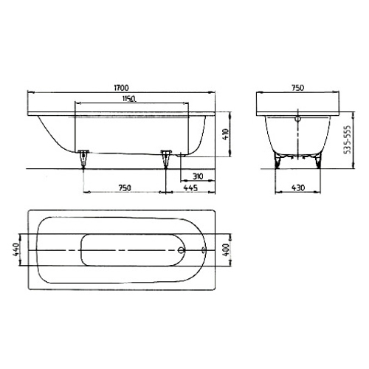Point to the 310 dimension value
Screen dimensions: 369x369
coord(197,177)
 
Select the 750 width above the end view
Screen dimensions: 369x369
coord(297,86)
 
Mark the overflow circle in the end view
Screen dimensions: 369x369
coord(297,117)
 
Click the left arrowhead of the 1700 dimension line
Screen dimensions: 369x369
coord(30,91)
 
